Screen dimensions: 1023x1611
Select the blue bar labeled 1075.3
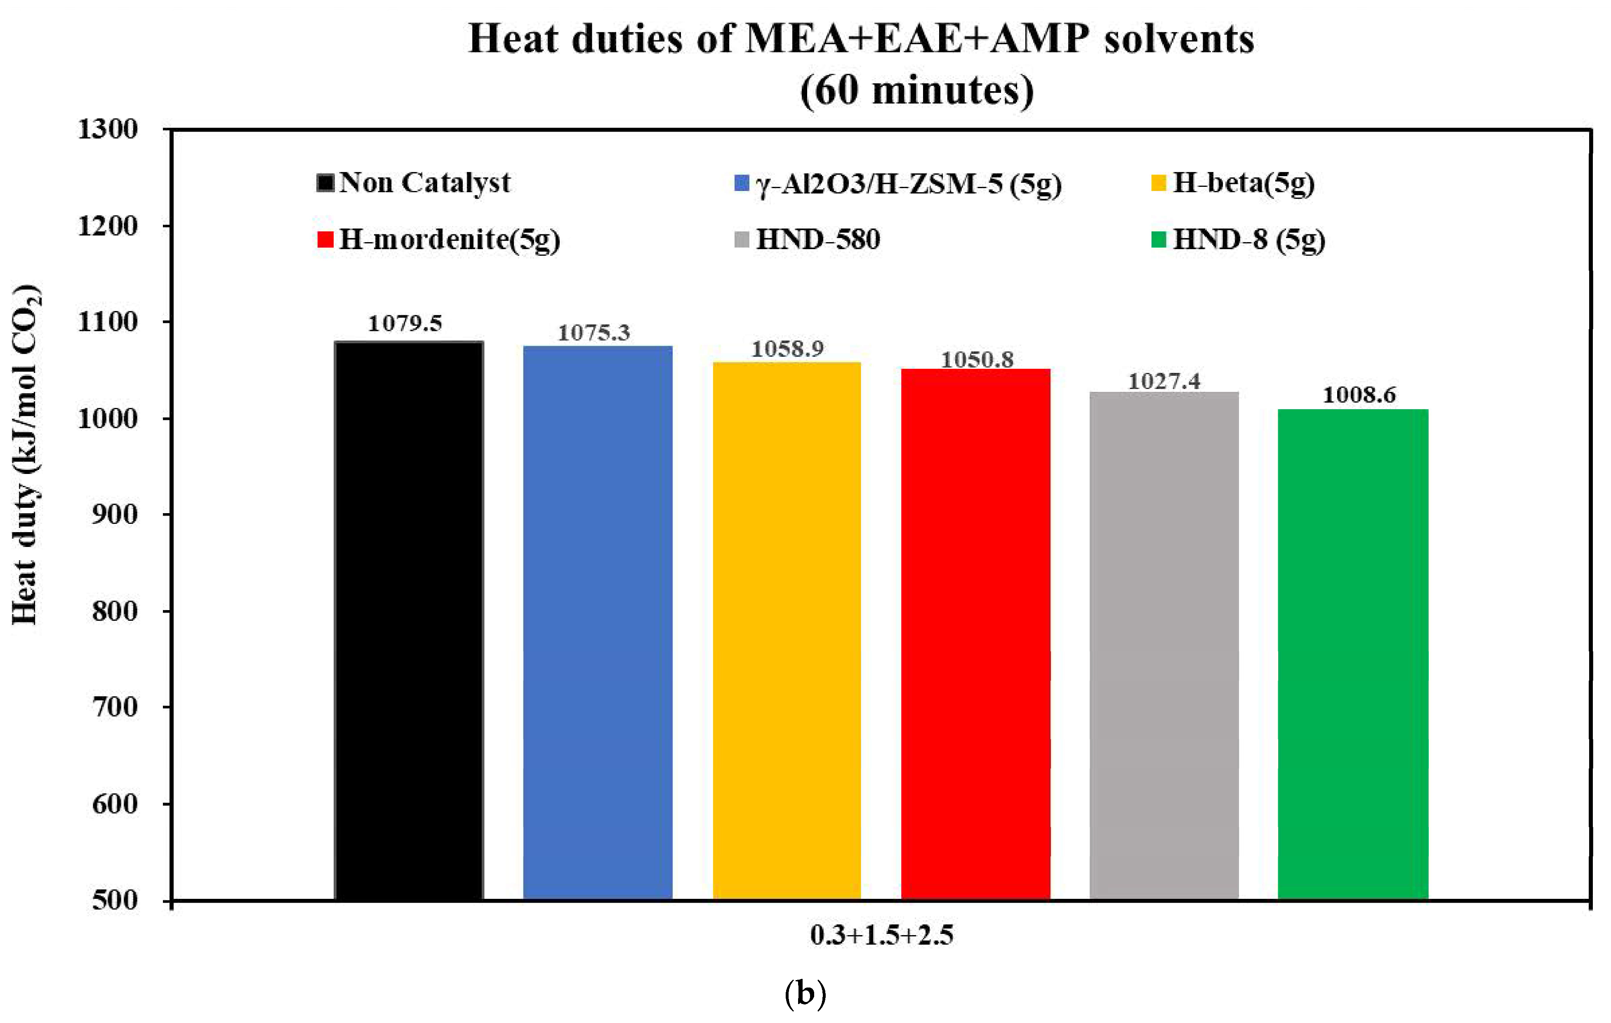point(598,622)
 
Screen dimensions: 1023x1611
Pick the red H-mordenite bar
point(975,633)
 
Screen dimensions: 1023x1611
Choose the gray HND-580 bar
point(1164,645)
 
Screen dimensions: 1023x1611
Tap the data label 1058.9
point(787,349)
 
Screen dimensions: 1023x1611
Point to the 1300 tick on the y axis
point(108,129)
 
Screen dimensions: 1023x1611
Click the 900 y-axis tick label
point(114,514)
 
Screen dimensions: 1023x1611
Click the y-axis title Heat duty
point(26,455)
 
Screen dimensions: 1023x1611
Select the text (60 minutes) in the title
point(916,90)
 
